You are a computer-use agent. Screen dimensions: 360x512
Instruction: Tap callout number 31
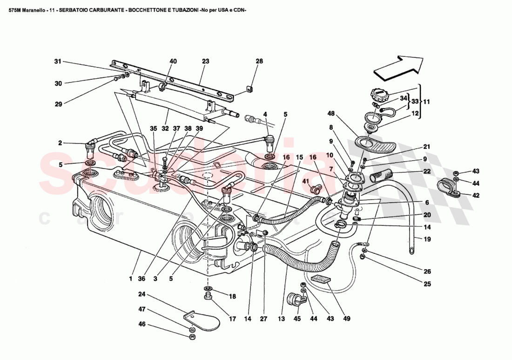(x=58, y=61)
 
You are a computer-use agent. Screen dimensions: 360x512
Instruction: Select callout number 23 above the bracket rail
(x=206, y=61)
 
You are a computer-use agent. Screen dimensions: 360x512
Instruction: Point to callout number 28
(x=259, y=61)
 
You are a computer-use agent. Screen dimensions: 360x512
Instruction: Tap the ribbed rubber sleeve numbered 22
(x=382, y=177)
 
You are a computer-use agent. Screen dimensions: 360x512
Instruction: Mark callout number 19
(x=426, y=239)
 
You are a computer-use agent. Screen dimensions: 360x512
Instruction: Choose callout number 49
(x=347, y=319)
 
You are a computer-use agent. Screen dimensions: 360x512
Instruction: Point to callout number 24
(x=142, y=294)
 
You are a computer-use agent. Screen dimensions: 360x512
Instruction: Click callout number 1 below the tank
(x=131, y=279)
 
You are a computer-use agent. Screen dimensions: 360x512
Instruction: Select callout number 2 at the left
(x=61, y=143)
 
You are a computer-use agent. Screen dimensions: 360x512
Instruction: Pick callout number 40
(x=173, y=61)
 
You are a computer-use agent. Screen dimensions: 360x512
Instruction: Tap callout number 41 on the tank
(x=306, y=181)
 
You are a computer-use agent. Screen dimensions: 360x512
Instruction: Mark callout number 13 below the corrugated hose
(x=281, y=319)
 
